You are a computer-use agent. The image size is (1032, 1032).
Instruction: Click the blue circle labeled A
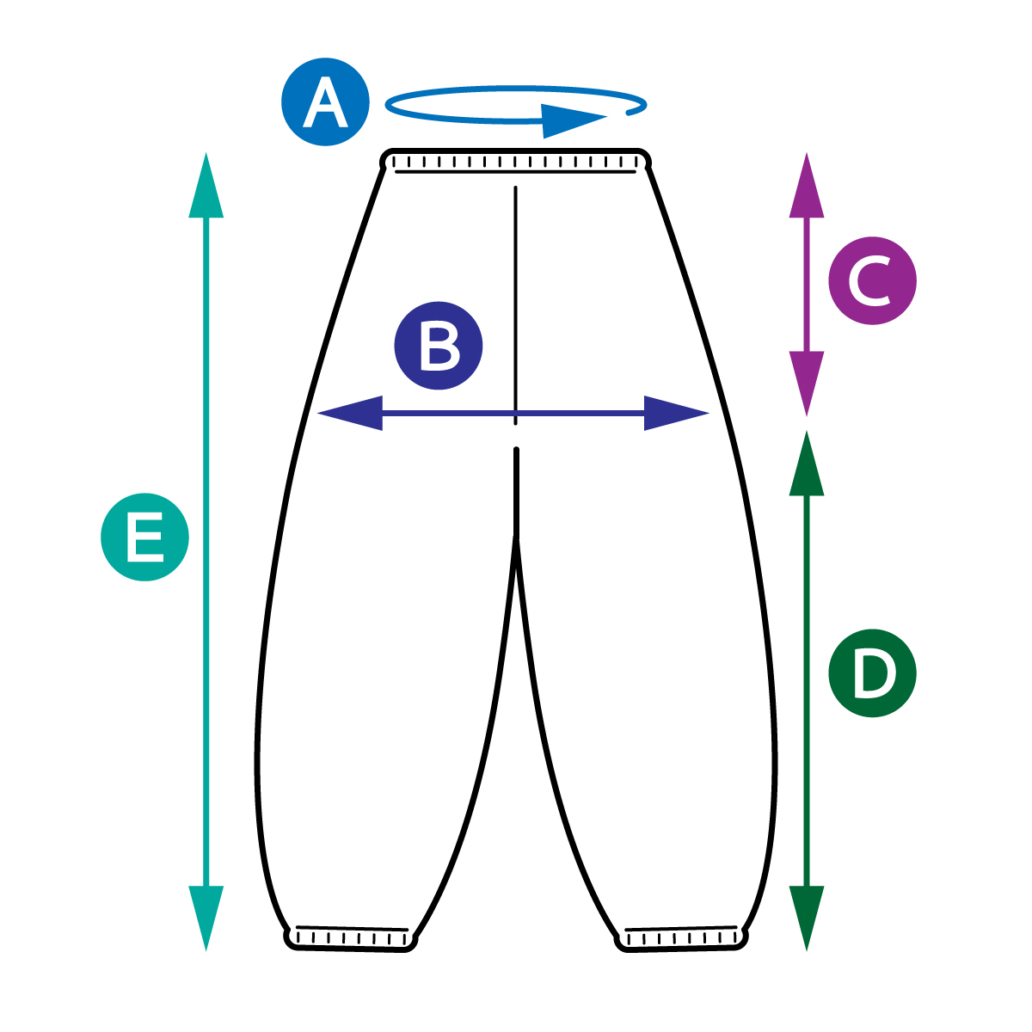pos(325,101)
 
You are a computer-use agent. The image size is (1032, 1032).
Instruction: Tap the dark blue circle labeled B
pos(439,346)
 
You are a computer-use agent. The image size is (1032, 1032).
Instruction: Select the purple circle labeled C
pos(872,281)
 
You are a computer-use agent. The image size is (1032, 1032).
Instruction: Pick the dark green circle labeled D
pos(872,673)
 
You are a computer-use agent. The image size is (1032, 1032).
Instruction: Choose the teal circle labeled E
pos(144,537)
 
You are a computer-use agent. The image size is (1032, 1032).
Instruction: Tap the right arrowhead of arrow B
pos(676,414)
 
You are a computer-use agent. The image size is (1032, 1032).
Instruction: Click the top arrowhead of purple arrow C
pos(807,186)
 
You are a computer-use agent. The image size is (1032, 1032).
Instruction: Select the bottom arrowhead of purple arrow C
pos(807,384)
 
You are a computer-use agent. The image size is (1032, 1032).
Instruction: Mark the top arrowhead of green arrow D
pos(807,464)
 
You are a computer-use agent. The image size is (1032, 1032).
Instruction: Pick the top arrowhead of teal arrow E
pos(206,186)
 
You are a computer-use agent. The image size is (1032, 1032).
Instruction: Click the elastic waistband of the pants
pos(516,161)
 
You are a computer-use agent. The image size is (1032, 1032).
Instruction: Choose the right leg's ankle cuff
pos(681,937)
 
